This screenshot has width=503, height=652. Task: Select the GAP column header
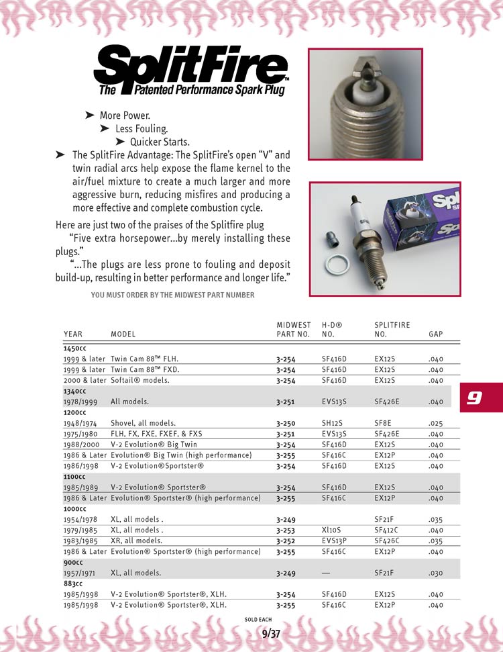click(x=435, y=334)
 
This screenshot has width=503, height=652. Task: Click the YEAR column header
click(x=73, y=334)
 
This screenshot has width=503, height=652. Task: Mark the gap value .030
click(x=435, y=573)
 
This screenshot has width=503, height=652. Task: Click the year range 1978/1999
click(x=81, y=402)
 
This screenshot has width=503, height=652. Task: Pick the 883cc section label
click(x=74, y=584)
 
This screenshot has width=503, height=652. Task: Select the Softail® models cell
click(x=140, y=380)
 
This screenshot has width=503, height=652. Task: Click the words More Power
click(x=125, y=115)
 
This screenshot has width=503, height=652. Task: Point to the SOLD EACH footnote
click(x=258, y=618)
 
